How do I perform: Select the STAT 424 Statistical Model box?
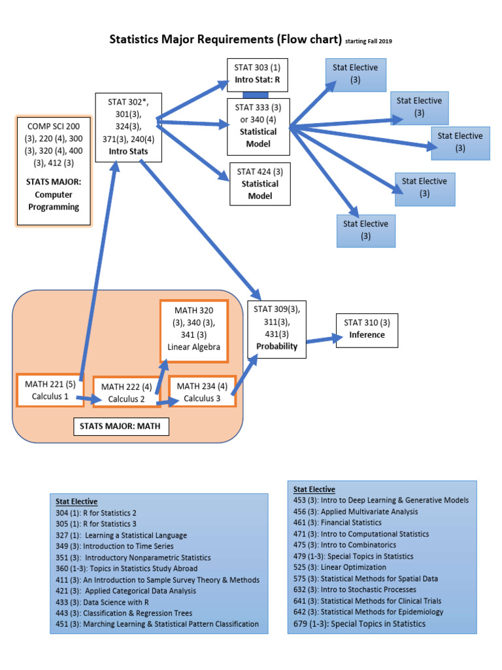pyautogui.click(x=259, y=184)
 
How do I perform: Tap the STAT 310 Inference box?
pyautogui.click(x=367, y=329)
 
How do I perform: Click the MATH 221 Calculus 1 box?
pyautogui.click(x=50, y=390)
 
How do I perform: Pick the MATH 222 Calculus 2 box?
pyautogui.click(x=126, y=393)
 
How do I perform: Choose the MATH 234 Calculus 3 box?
pyautogui.click(x=201, y=392)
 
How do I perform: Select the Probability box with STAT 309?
pyautogui.click(x=276, y=328)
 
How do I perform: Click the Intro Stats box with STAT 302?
pyautogui.click(x=127, y=128)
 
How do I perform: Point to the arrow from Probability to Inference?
pyautogui.click(x=324, y=339)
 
